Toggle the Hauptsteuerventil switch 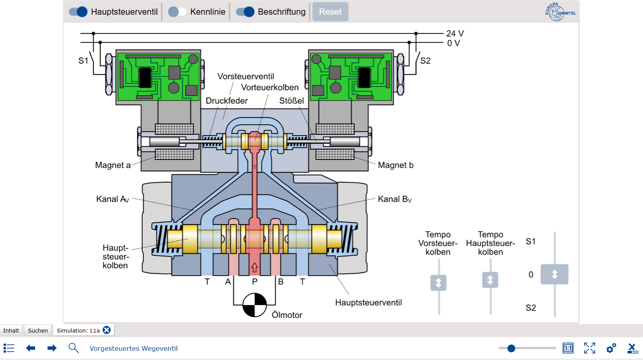[x=78, y=12]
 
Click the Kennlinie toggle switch [x=177, y=12]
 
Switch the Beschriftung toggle [x=245, y=12]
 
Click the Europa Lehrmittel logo [x=560, y=12]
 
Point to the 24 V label [x=455, y=34]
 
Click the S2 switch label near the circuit [x=425, y=61]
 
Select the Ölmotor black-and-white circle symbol [x=254, y=305]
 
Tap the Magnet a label [x=113, y=165]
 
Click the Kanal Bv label [x=395, y=199]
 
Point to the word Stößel [x=292, y=101]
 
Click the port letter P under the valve [x=254, y=282]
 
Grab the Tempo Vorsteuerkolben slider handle [x=438, y=283]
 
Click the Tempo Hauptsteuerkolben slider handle [x=490, y=280]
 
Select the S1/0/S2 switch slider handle [x=554, y=274]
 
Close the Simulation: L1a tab [x=107, y=330]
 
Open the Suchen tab [x=38, y=331]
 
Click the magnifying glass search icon [x=73, y=348]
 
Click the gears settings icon [x=611, y=348]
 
